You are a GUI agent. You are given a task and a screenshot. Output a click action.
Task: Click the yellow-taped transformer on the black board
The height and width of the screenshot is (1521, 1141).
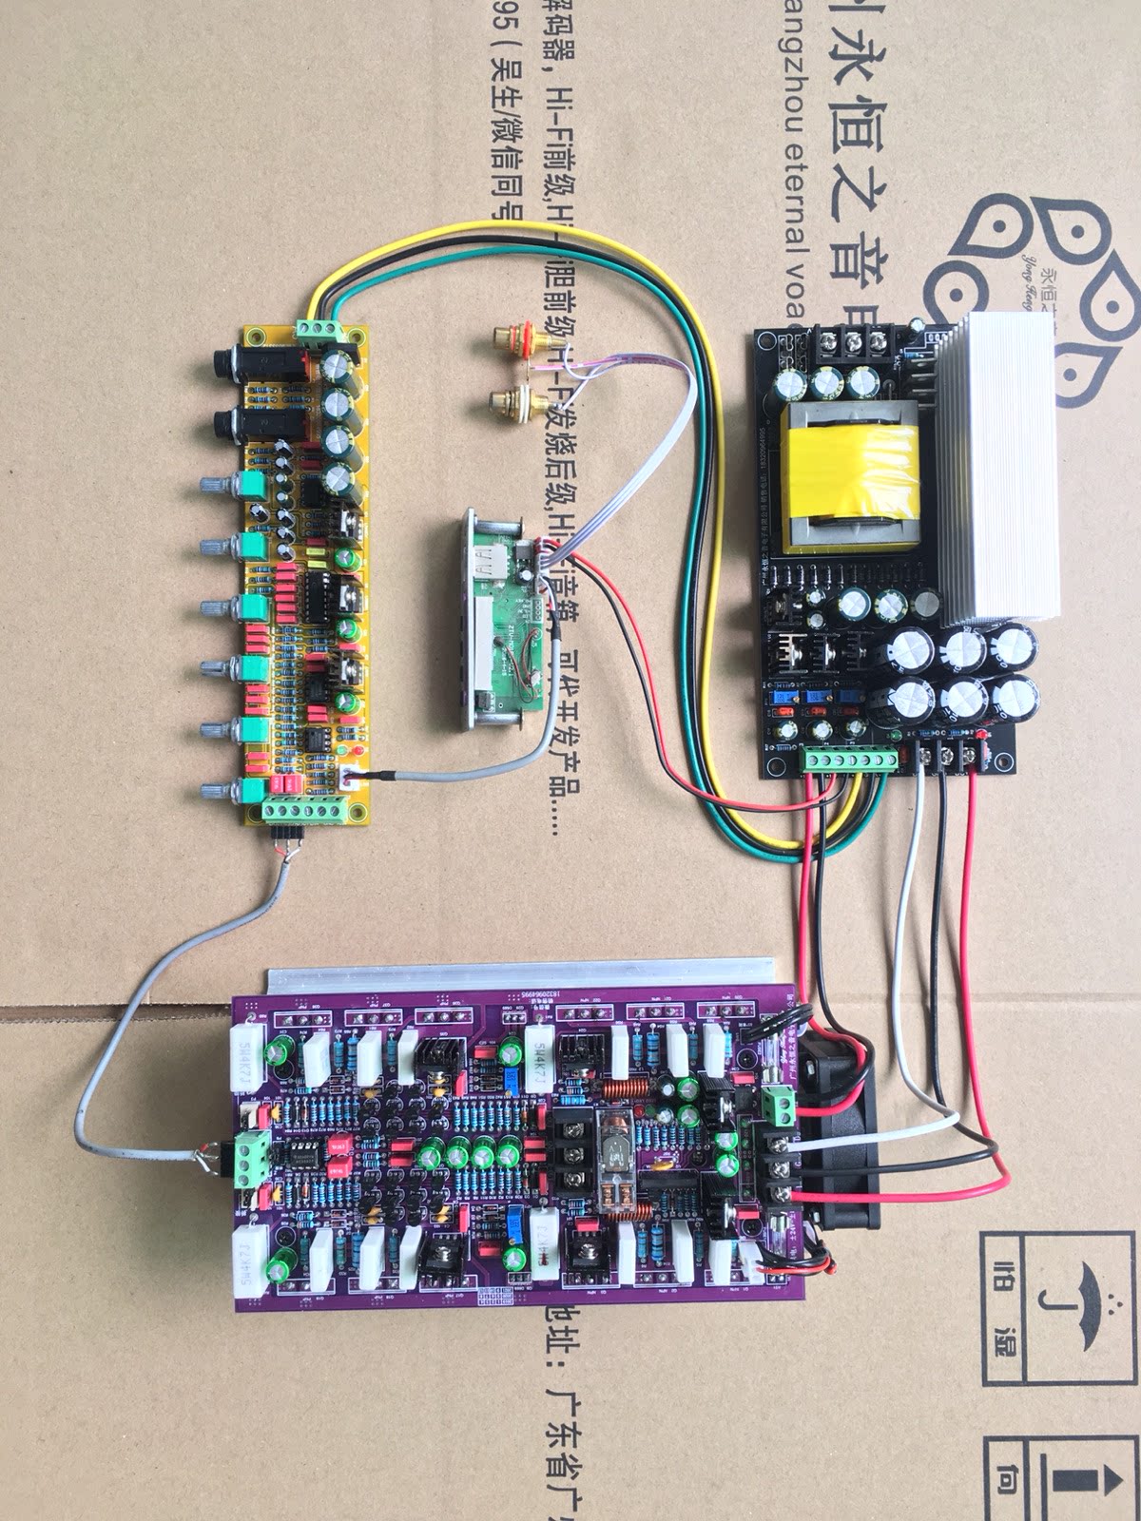(852, 481)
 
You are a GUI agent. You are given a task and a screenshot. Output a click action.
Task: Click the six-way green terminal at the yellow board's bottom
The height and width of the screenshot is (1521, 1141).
(303, 813)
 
